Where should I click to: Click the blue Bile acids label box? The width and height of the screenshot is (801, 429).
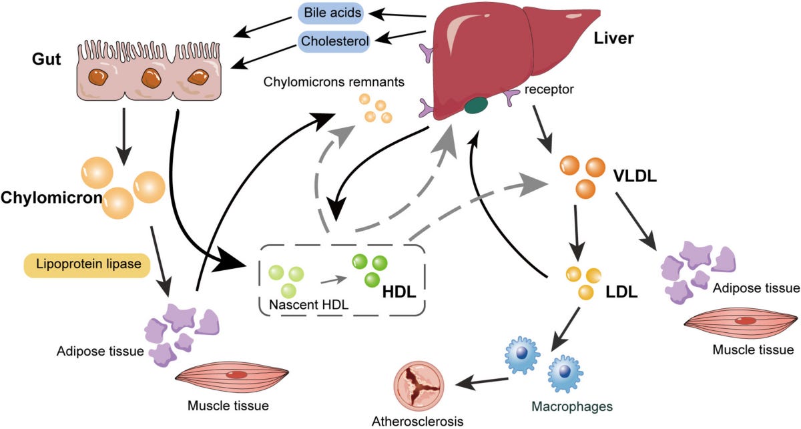pos(330,13)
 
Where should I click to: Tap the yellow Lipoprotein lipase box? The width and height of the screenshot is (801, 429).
pos(85,264)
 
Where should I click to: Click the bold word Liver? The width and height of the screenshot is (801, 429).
pos(613,39)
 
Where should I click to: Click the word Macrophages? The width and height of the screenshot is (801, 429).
pos(572,405)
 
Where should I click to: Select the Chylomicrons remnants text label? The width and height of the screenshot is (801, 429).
pos(334,83)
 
